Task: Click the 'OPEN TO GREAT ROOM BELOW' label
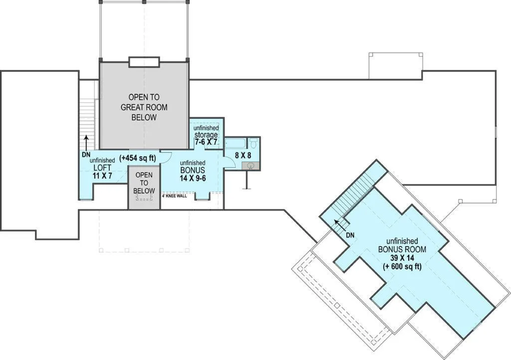[144, 107]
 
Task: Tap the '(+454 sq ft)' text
[138, 158]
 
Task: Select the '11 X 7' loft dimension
[103, 176]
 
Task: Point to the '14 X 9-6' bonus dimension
[193, 178]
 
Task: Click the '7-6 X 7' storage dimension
[206, 142]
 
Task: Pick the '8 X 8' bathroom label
[243, 155]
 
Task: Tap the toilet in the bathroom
[254, 143]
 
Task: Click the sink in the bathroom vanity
[251, 166]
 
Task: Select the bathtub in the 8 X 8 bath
[236, 144]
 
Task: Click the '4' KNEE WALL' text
[174, 196]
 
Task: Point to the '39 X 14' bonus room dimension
[402, 258]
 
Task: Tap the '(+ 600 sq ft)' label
[402, 267]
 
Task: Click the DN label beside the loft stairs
[86, 155]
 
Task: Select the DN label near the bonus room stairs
[350, 235]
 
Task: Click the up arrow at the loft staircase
[86, 143]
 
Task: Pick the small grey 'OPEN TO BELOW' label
[144, 183]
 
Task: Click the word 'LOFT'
[103, 168]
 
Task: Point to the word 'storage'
[206, 135]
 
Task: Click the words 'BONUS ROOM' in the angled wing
[402, 250]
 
